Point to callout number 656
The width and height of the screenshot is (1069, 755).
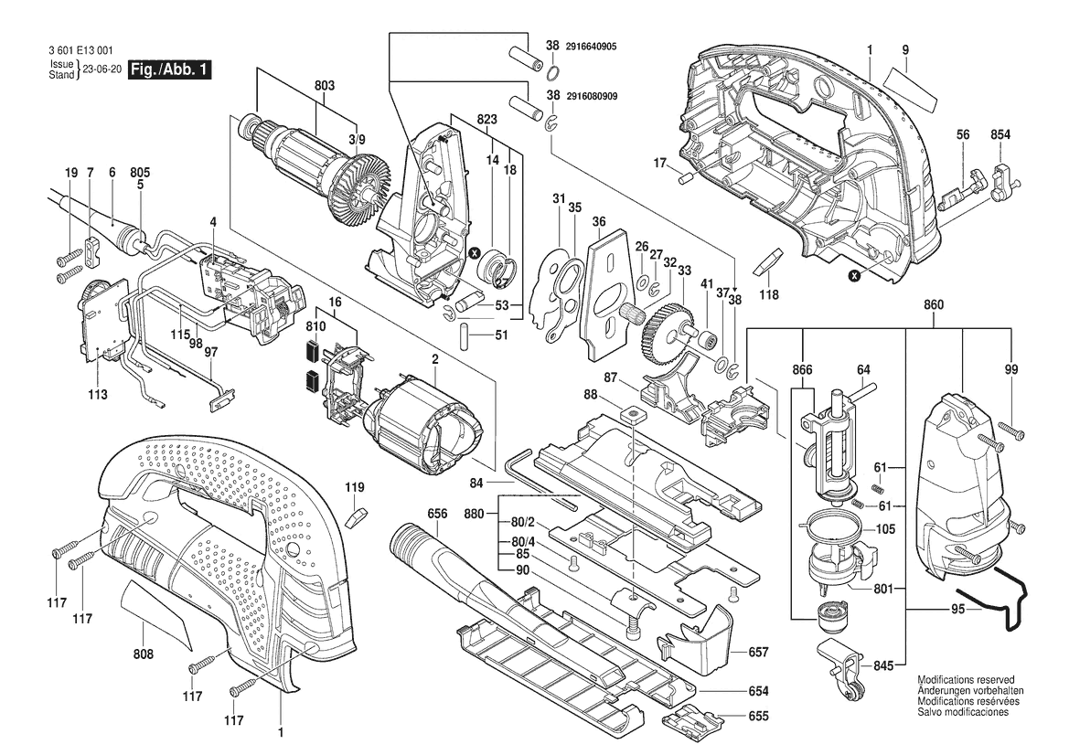(x=437, y=514)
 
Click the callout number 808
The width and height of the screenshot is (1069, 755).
(x=143, y=654)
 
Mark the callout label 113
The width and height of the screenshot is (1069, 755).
(x=98, y=395)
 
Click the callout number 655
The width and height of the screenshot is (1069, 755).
(x=758, y=717)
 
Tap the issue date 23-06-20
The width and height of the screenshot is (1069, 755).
(x=102, y=69)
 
